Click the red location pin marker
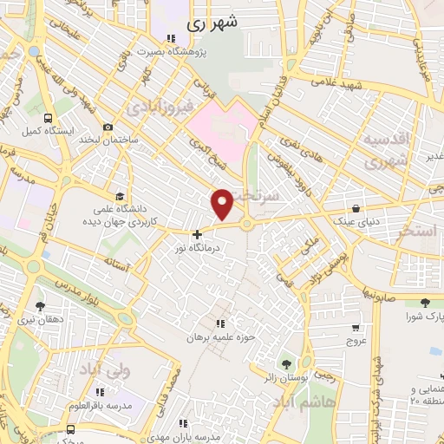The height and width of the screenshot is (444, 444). pos(223,204)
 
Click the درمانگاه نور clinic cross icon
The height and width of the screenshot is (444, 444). pos(197,233)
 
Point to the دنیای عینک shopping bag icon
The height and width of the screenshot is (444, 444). pos(356,207)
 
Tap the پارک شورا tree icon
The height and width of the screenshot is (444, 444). pos(424,302)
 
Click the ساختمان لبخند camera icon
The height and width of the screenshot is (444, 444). pos(107,127)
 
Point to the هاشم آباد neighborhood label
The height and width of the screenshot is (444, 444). pos(309,403)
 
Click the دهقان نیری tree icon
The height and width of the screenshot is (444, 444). pos(40,305)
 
